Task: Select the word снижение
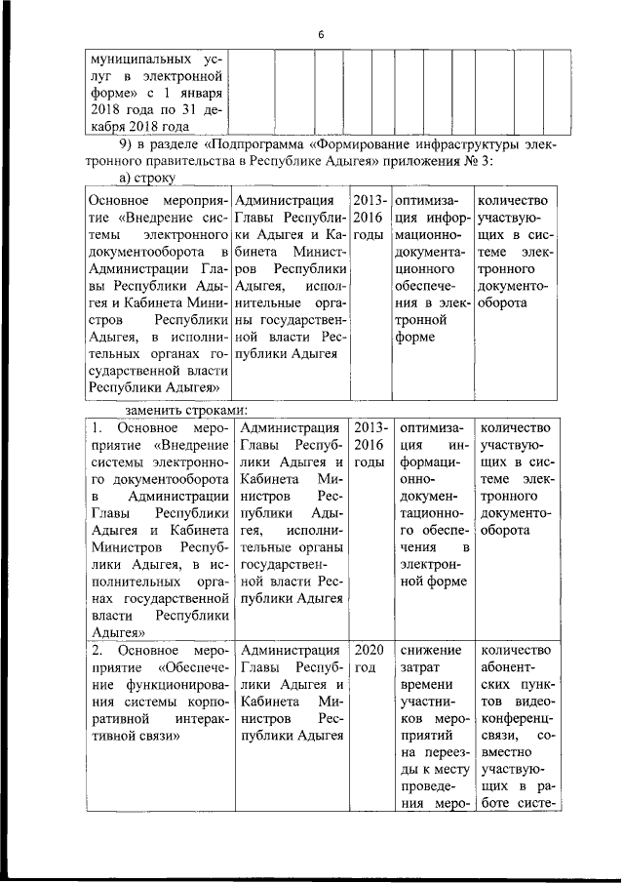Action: [x=430, y=651]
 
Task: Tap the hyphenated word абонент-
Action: [x=507, y=670]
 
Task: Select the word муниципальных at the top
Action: [x=134, y=57]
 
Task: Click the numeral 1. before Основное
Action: [x=97, y=428]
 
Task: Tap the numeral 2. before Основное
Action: [x=97, y=651]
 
